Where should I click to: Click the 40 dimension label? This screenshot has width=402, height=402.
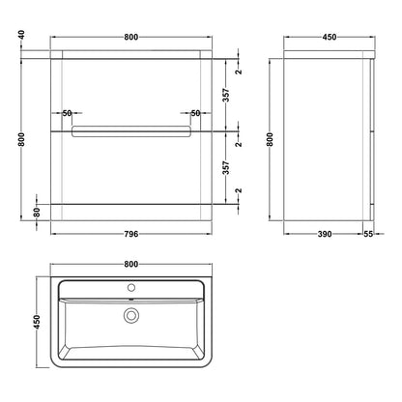click(x=21, y=35)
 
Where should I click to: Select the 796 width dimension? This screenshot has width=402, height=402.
click(x=131, y=234)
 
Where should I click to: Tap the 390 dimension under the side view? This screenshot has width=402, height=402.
click(x=325, y=234)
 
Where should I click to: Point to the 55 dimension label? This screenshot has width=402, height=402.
click(x=368, y=234)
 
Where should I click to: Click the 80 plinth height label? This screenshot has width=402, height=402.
click(x=37, y=213)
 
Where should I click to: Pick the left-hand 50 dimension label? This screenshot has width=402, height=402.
click(x=67, y=113)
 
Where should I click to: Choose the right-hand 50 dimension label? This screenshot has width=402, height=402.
click(x=195, y=113)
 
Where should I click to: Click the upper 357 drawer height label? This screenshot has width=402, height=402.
click(x=226, y=95)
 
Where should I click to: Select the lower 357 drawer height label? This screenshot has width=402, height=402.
click(x=226, y=168)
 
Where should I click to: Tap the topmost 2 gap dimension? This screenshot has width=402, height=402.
click(x=239, y=72)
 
